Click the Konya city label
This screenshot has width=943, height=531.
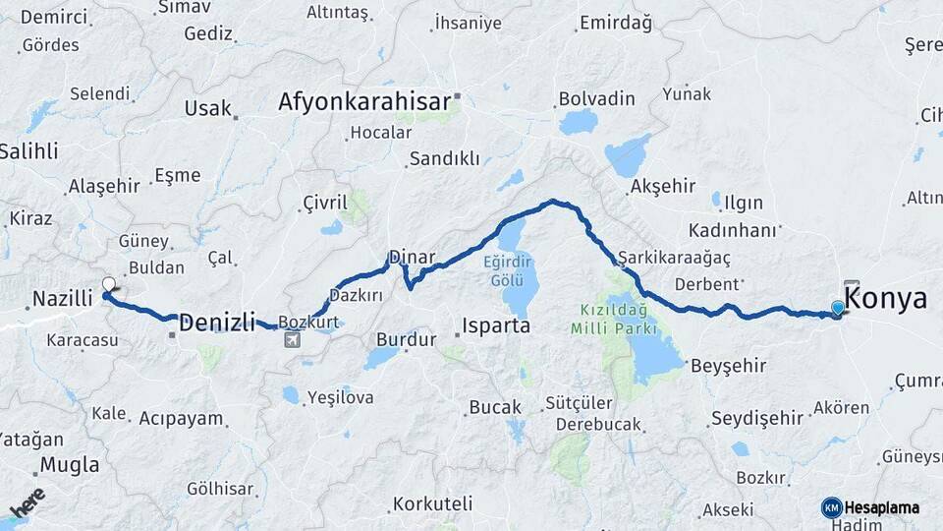pyautogui.click(x=885, y=299)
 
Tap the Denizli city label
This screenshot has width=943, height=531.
pyautogui.click(x=217, y=321)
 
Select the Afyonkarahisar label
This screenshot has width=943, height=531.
pyautogui.click(x=363, y=101)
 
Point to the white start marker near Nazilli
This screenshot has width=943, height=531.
pyautogui.click(x=109, y=285)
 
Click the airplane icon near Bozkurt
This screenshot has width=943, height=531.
pyautogui.click(x=292, y=340)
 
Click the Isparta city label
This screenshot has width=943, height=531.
pyautogui.click(x=496, y=324)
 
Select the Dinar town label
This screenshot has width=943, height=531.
pyautogui.click(x=412, y=257)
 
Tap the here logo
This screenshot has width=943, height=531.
pyautogui.click(x=28, y=501)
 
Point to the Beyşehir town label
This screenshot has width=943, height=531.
pyautogui.click(x=728, y=366)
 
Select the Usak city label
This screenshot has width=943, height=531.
pyautogui.click(x=207, y=108)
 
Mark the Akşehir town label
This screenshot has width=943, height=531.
pyautogui.click(x=663, y=185)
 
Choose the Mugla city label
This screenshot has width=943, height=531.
pyautogui.click(x=69, y=465)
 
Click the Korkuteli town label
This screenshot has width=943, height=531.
pyautogui.click(x=433, y=503)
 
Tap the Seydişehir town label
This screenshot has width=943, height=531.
pyautogui.click(x=756, y=418)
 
